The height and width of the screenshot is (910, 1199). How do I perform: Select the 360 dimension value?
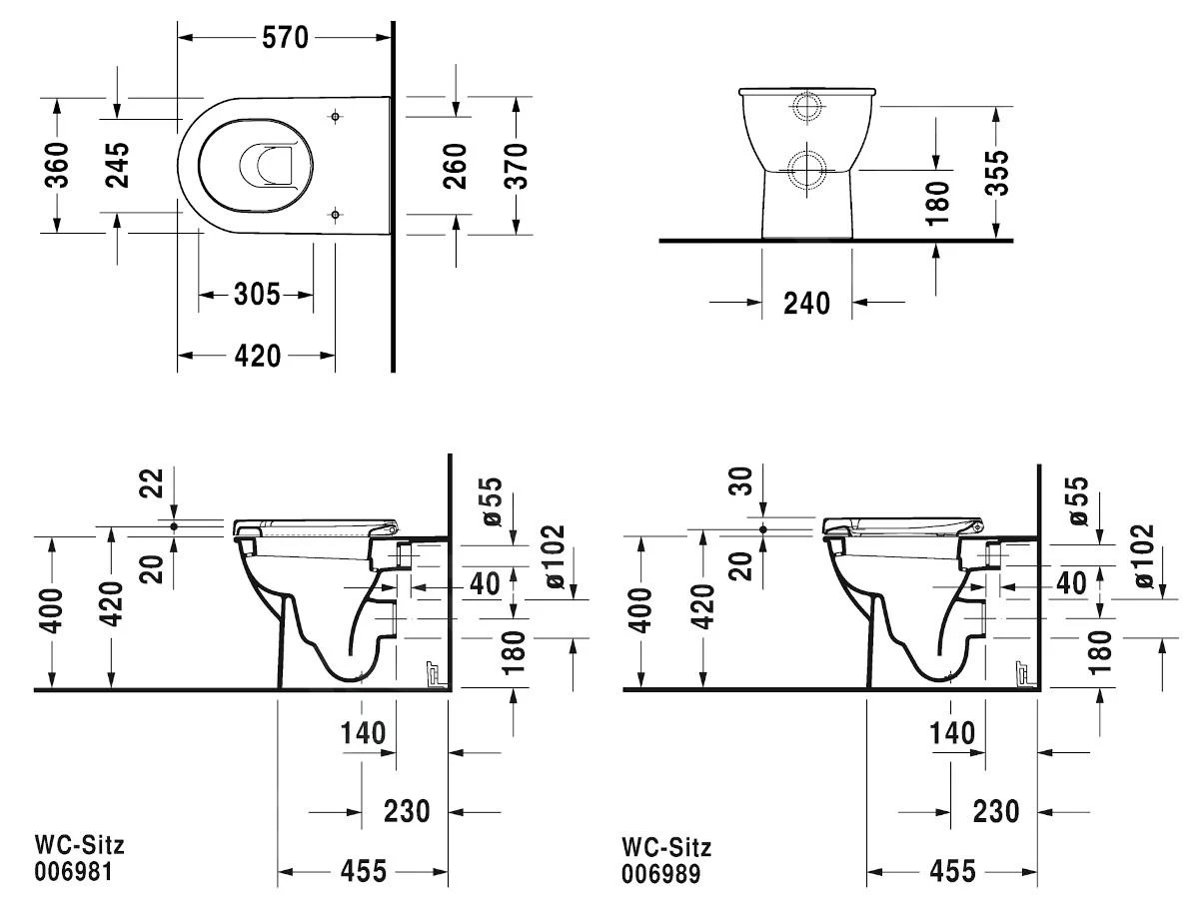(x=57, y=165)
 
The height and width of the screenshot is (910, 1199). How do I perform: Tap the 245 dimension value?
(x=117, y=165)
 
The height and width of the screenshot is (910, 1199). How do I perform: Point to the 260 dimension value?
(x=455, y=165)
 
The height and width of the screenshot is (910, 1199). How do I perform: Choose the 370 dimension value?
(x=516, y=165)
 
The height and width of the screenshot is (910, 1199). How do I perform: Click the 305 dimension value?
(x=256, y=295)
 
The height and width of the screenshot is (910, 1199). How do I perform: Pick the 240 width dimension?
(x=807, y=302)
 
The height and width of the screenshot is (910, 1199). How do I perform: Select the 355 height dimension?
(x=995, y=173)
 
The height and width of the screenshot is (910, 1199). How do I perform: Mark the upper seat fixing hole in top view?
(x=335, y=116)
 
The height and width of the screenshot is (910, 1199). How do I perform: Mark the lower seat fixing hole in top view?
(x=335, y=212)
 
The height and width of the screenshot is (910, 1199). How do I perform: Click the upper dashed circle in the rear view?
(x=806, y=107)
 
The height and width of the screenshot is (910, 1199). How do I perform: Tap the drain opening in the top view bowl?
(x=268, y=166)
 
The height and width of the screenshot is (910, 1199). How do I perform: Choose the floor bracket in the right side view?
(x=1022, y=675)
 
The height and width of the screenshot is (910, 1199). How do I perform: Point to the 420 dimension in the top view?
(x=257, y=355)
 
